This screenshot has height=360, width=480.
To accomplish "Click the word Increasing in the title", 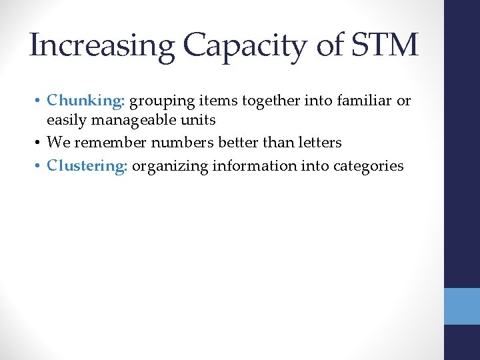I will [101, 45].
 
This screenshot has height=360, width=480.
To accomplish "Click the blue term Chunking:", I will [86, 101].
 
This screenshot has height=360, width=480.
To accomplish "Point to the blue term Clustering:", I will [87, 165].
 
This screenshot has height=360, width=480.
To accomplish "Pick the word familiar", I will [366, 101].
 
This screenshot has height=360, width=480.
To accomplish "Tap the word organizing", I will [169, 165].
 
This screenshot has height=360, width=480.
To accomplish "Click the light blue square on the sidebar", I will [462, 306].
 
